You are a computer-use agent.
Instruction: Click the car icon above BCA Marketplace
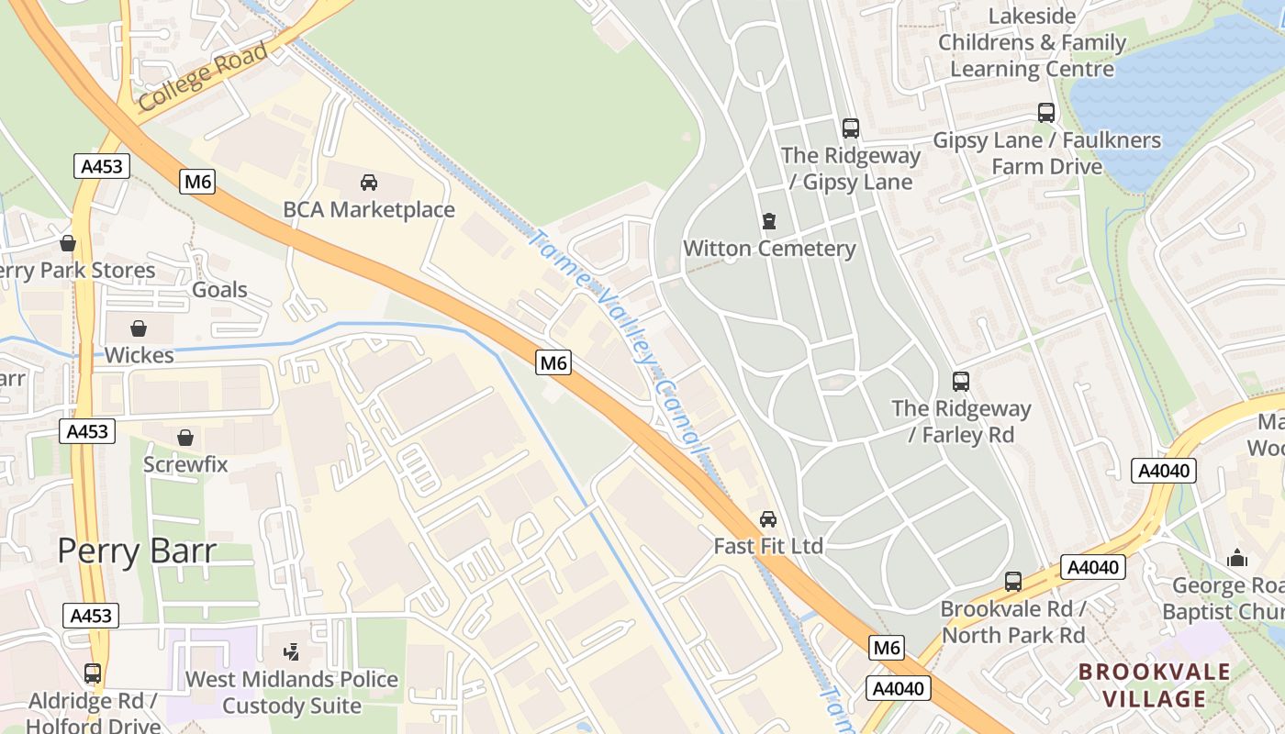[x=368, y=183]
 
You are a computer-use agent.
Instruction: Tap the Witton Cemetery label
[x=769, y=249]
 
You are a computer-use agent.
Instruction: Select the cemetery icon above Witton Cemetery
[x=768, y=221]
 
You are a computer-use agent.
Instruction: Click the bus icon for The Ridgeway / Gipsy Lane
[x=850, y=128]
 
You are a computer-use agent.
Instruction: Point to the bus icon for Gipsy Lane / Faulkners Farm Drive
[x=1045, y=113]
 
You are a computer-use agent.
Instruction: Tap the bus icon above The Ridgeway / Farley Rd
[x=960, y=381]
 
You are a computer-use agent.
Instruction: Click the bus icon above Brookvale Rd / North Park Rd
[x=1012, y=581]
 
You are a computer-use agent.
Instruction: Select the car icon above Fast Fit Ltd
[x=767, y=519]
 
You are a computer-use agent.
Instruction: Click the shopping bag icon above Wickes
[x=139, y=328]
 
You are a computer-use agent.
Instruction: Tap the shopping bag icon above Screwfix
[x=184, y=438]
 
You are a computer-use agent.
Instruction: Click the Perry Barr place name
[x=137, y=551]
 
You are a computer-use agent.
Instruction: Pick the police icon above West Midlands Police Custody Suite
[x=291, y=652]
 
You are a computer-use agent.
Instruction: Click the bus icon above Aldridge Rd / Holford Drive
[x=92, y=673]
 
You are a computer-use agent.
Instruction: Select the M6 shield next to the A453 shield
[x=198, y=182]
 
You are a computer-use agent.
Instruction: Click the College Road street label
[x=204, y=76]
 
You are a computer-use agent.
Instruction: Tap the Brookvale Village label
[x=1154, y=684]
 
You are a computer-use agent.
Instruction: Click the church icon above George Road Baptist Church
[x=1236, y=558]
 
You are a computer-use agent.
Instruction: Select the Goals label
[x=219, y=290]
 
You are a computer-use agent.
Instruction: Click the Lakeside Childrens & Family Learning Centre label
[x=1032, y=42]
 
